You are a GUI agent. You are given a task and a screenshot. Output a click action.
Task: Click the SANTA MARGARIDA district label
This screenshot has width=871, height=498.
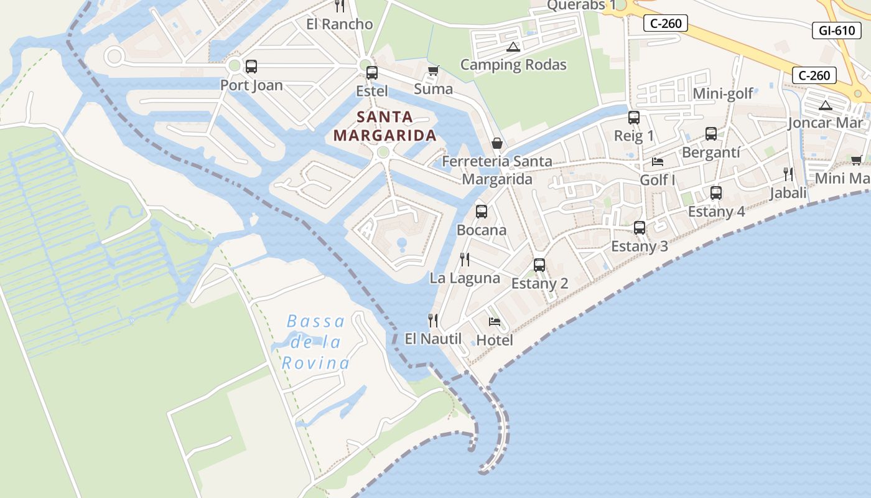click(384, 126)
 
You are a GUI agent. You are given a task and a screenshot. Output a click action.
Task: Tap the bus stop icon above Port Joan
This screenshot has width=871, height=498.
click(251, 67)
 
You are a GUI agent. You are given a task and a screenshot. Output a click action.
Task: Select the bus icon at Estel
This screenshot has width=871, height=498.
click(372, 72)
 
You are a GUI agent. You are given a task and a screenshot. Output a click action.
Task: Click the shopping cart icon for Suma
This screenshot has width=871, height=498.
click(434, 70)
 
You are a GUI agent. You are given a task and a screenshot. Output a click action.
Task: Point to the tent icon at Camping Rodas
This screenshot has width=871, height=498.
click(513, 47)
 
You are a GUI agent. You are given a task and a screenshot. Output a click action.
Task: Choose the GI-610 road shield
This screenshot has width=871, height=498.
click(837, 31)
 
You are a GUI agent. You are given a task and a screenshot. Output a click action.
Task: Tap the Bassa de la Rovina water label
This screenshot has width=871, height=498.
click(315, 342)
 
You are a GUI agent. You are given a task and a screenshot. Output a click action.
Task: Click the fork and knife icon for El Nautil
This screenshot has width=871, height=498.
click(433, 321)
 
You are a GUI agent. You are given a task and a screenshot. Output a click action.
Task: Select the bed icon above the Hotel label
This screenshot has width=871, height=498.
click(495, 322)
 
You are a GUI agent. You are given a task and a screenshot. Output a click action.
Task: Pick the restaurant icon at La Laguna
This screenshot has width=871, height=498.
click(465, 260)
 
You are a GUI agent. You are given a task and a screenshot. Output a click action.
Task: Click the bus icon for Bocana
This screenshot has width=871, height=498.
click(482, 212)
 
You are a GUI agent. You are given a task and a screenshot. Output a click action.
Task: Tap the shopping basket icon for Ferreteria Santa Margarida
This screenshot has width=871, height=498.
click(497, 143)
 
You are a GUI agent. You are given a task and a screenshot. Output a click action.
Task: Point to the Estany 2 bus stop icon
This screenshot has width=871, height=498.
click(539, 265)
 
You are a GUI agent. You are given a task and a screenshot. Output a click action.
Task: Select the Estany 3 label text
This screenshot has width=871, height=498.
click(640, 246)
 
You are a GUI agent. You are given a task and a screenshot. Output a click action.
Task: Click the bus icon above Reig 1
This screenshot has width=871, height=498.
click(634, 117)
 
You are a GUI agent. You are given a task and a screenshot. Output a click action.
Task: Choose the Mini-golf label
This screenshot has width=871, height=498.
click(723, 93)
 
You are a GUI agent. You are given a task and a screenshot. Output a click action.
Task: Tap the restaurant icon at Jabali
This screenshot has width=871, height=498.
click(788, 174)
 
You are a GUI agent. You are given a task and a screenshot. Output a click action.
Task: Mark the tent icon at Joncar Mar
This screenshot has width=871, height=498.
click(826, 105)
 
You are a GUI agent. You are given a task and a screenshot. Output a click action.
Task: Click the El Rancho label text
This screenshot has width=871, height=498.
click(340, 24)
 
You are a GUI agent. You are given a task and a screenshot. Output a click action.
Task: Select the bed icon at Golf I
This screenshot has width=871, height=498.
click(658, 162)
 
